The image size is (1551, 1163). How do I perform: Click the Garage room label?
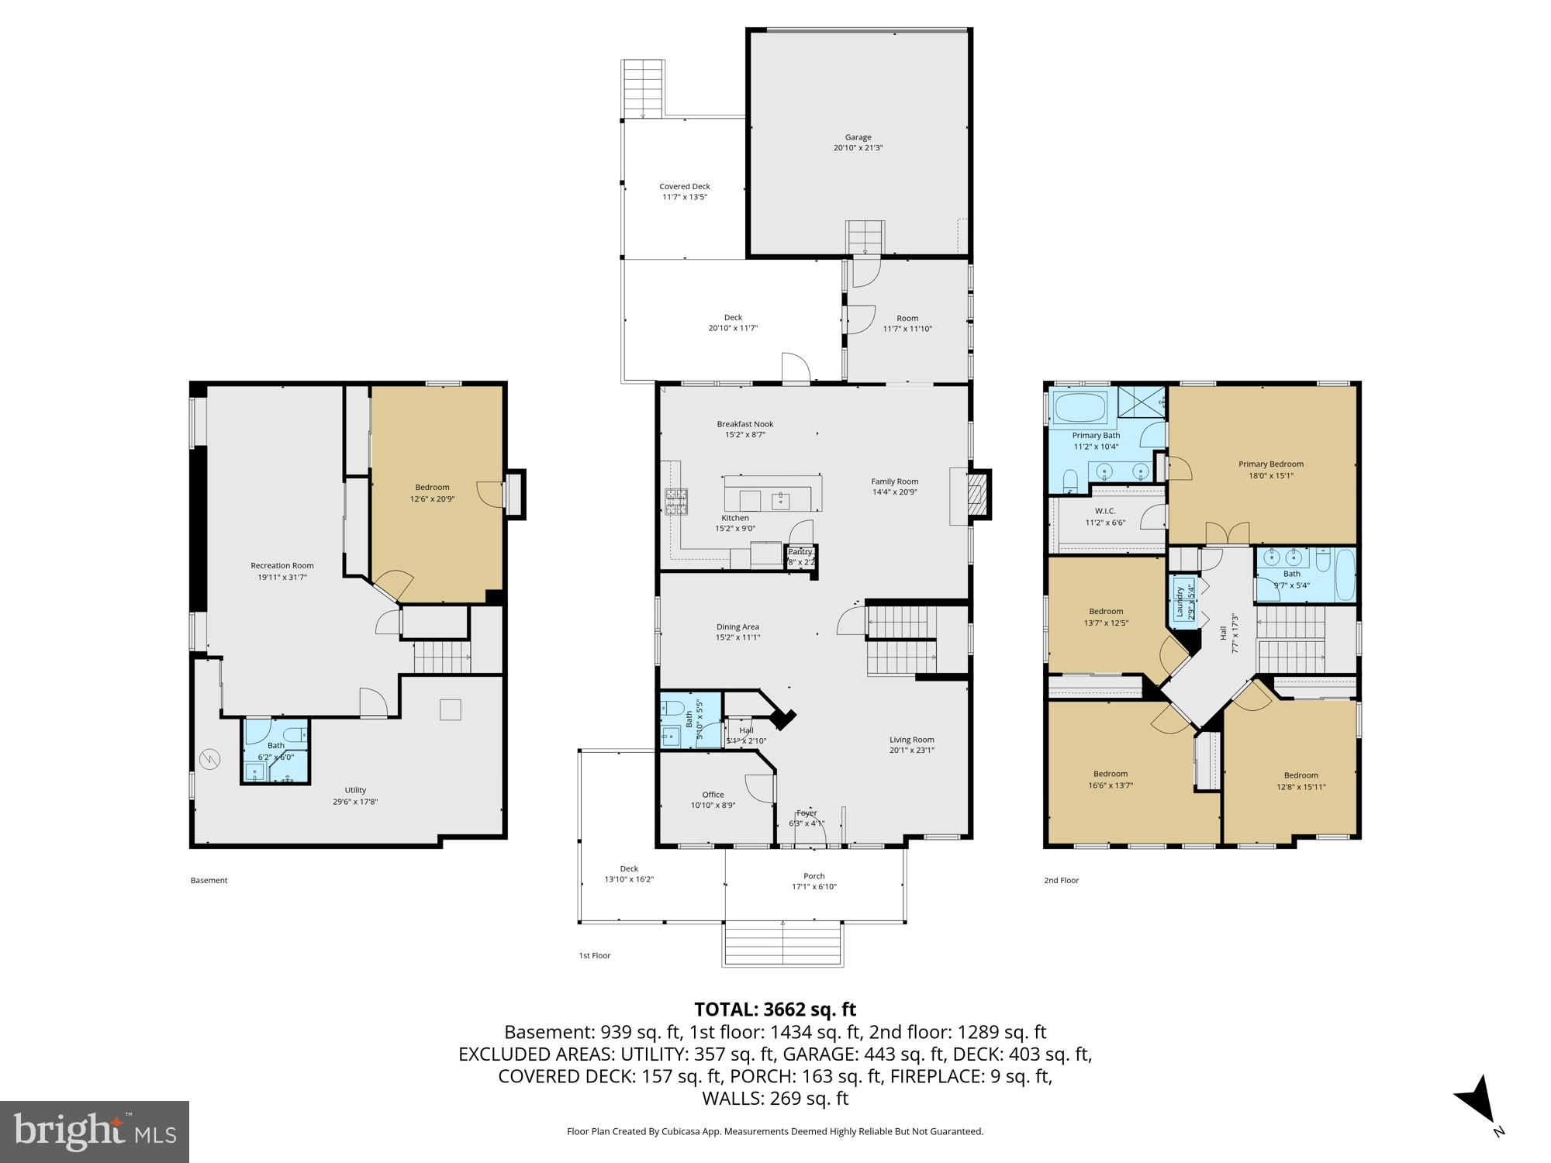click(x=858, y=143)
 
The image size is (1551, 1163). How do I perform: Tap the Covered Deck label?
click(x=685, y=192)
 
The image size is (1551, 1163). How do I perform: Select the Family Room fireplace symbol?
click(x=979, y=493)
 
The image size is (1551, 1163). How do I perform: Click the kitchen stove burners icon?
click(x=675, y=501)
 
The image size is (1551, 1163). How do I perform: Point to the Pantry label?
click(x=800, y=552)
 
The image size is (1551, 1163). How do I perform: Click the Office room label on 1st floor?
click(x=713, y=799)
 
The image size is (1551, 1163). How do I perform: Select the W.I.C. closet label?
click(x=1105, y=516)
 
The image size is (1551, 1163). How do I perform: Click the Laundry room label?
click(x=1181, y=600)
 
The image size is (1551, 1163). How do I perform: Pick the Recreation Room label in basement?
click(x=282, y=571)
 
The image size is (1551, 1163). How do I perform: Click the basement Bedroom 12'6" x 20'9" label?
click(x=432, y=493)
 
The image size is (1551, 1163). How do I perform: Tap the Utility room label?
click(x=355, y=795)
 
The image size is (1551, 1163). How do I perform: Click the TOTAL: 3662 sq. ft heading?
click(x=775, y=1009)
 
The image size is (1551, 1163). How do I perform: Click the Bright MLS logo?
click(x=95, y=1132)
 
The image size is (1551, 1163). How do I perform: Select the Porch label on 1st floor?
click(x=813, y=881)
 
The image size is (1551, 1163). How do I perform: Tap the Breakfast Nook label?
click(x=744, y=429)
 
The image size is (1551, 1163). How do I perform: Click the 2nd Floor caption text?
click(x=1061, y=880)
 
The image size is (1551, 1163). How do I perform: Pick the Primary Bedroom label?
click(x=1270, y=469)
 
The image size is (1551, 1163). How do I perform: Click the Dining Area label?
click(x=738, y=632)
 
